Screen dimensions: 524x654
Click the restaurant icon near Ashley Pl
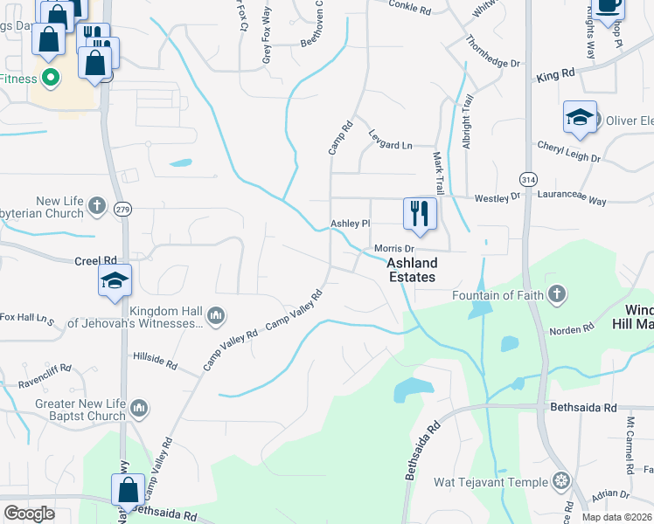coord(420,212)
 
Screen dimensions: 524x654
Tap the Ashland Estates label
coord(412,270)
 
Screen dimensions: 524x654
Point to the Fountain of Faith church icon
coord(555,294)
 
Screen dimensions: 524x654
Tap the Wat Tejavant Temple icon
coord(560,481)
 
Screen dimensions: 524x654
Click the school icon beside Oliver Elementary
coord(580,118)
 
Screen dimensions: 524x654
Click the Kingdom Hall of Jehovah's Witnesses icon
coord(216,314)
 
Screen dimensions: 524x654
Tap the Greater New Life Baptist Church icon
coord(139,408)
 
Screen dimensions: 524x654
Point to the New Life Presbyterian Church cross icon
coord(97,207)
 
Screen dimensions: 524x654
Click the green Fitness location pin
coord(50,79)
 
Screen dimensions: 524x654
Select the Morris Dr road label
coord(393,249)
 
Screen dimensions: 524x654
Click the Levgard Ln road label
coord(389,145)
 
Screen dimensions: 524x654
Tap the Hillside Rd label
coord(155,357)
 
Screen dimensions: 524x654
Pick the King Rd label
coord(555,76)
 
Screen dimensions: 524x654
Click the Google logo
coord(29,513)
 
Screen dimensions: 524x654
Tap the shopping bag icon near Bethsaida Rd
coord(128,491)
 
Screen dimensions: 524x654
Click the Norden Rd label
coord(572,331)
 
